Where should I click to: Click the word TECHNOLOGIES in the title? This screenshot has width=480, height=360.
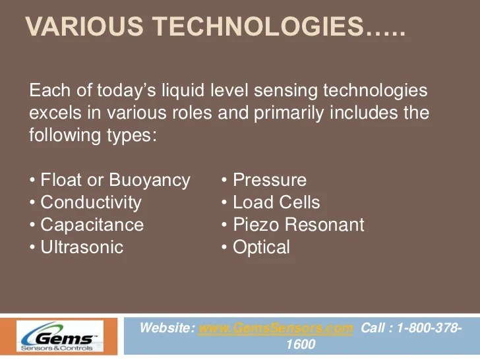253,27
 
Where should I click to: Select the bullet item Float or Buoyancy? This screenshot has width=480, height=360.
115,180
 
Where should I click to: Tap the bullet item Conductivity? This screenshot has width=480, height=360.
90,202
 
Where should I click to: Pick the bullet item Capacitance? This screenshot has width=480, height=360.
92,225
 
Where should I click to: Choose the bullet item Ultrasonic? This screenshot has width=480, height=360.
82,247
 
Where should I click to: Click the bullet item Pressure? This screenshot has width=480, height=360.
269,180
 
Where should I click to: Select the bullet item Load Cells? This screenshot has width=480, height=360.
276,202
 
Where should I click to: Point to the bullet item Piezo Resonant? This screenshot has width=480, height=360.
298,225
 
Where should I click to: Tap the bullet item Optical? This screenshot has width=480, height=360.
261,247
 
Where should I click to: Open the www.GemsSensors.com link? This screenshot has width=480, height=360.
276,328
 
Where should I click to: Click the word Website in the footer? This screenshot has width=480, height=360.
167,328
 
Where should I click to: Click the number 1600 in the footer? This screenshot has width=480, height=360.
301,345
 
